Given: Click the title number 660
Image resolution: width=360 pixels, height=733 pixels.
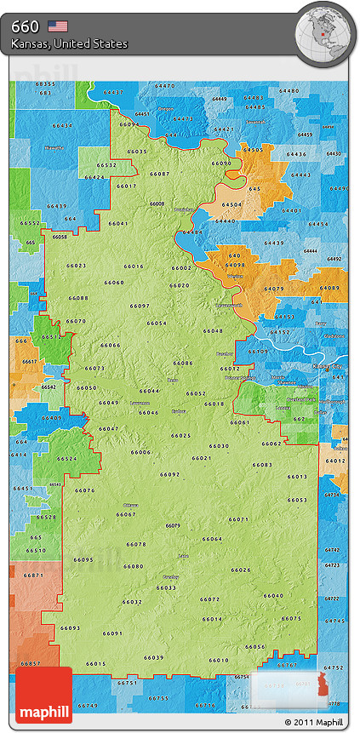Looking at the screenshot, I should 25,26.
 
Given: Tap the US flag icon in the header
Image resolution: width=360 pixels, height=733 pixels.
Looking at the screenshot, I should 58,26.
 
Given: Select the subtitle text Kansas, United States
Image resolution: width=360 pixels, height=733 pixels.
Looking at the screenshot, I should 70,43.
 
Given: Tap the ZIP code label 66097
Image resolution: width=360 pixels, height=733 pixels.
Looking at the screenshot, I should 140,306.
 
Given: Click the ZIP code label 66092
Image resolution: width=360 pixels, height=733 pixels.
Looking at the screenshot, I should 169,474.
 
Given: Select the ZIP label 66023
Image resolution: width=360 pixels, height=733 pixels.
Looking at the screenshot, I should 76,266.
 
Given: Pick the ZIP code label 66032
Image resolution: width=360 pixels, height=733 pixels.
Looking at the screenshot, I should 132,602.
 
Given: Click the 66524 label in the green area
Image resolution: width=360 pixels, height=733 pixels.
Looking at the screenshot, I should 67,459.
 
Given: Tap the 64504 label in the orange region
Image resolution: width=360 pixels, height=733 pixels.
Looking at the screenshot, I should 231,205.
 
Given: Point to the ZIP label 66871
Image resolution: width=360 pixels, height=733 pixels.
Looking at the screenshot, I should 33,576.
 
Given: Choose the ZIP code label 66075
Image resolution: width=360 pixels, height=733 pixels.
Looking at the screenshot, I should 291,618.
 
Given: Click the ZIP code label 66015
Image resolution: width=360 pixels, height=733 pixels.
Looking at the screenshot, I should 96,664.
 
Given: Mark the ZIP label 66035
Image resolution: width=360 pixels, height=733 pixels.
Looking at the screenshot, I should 136,151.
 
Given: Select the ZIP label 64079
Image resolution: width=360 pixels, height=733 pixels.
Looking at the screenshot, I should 274,289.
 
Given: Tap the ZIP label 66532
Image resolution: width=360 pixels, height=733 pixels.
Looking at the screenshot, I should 106,164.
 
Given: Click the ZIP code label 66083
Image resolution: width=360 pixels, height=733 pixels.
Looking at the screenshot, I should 262,465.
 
